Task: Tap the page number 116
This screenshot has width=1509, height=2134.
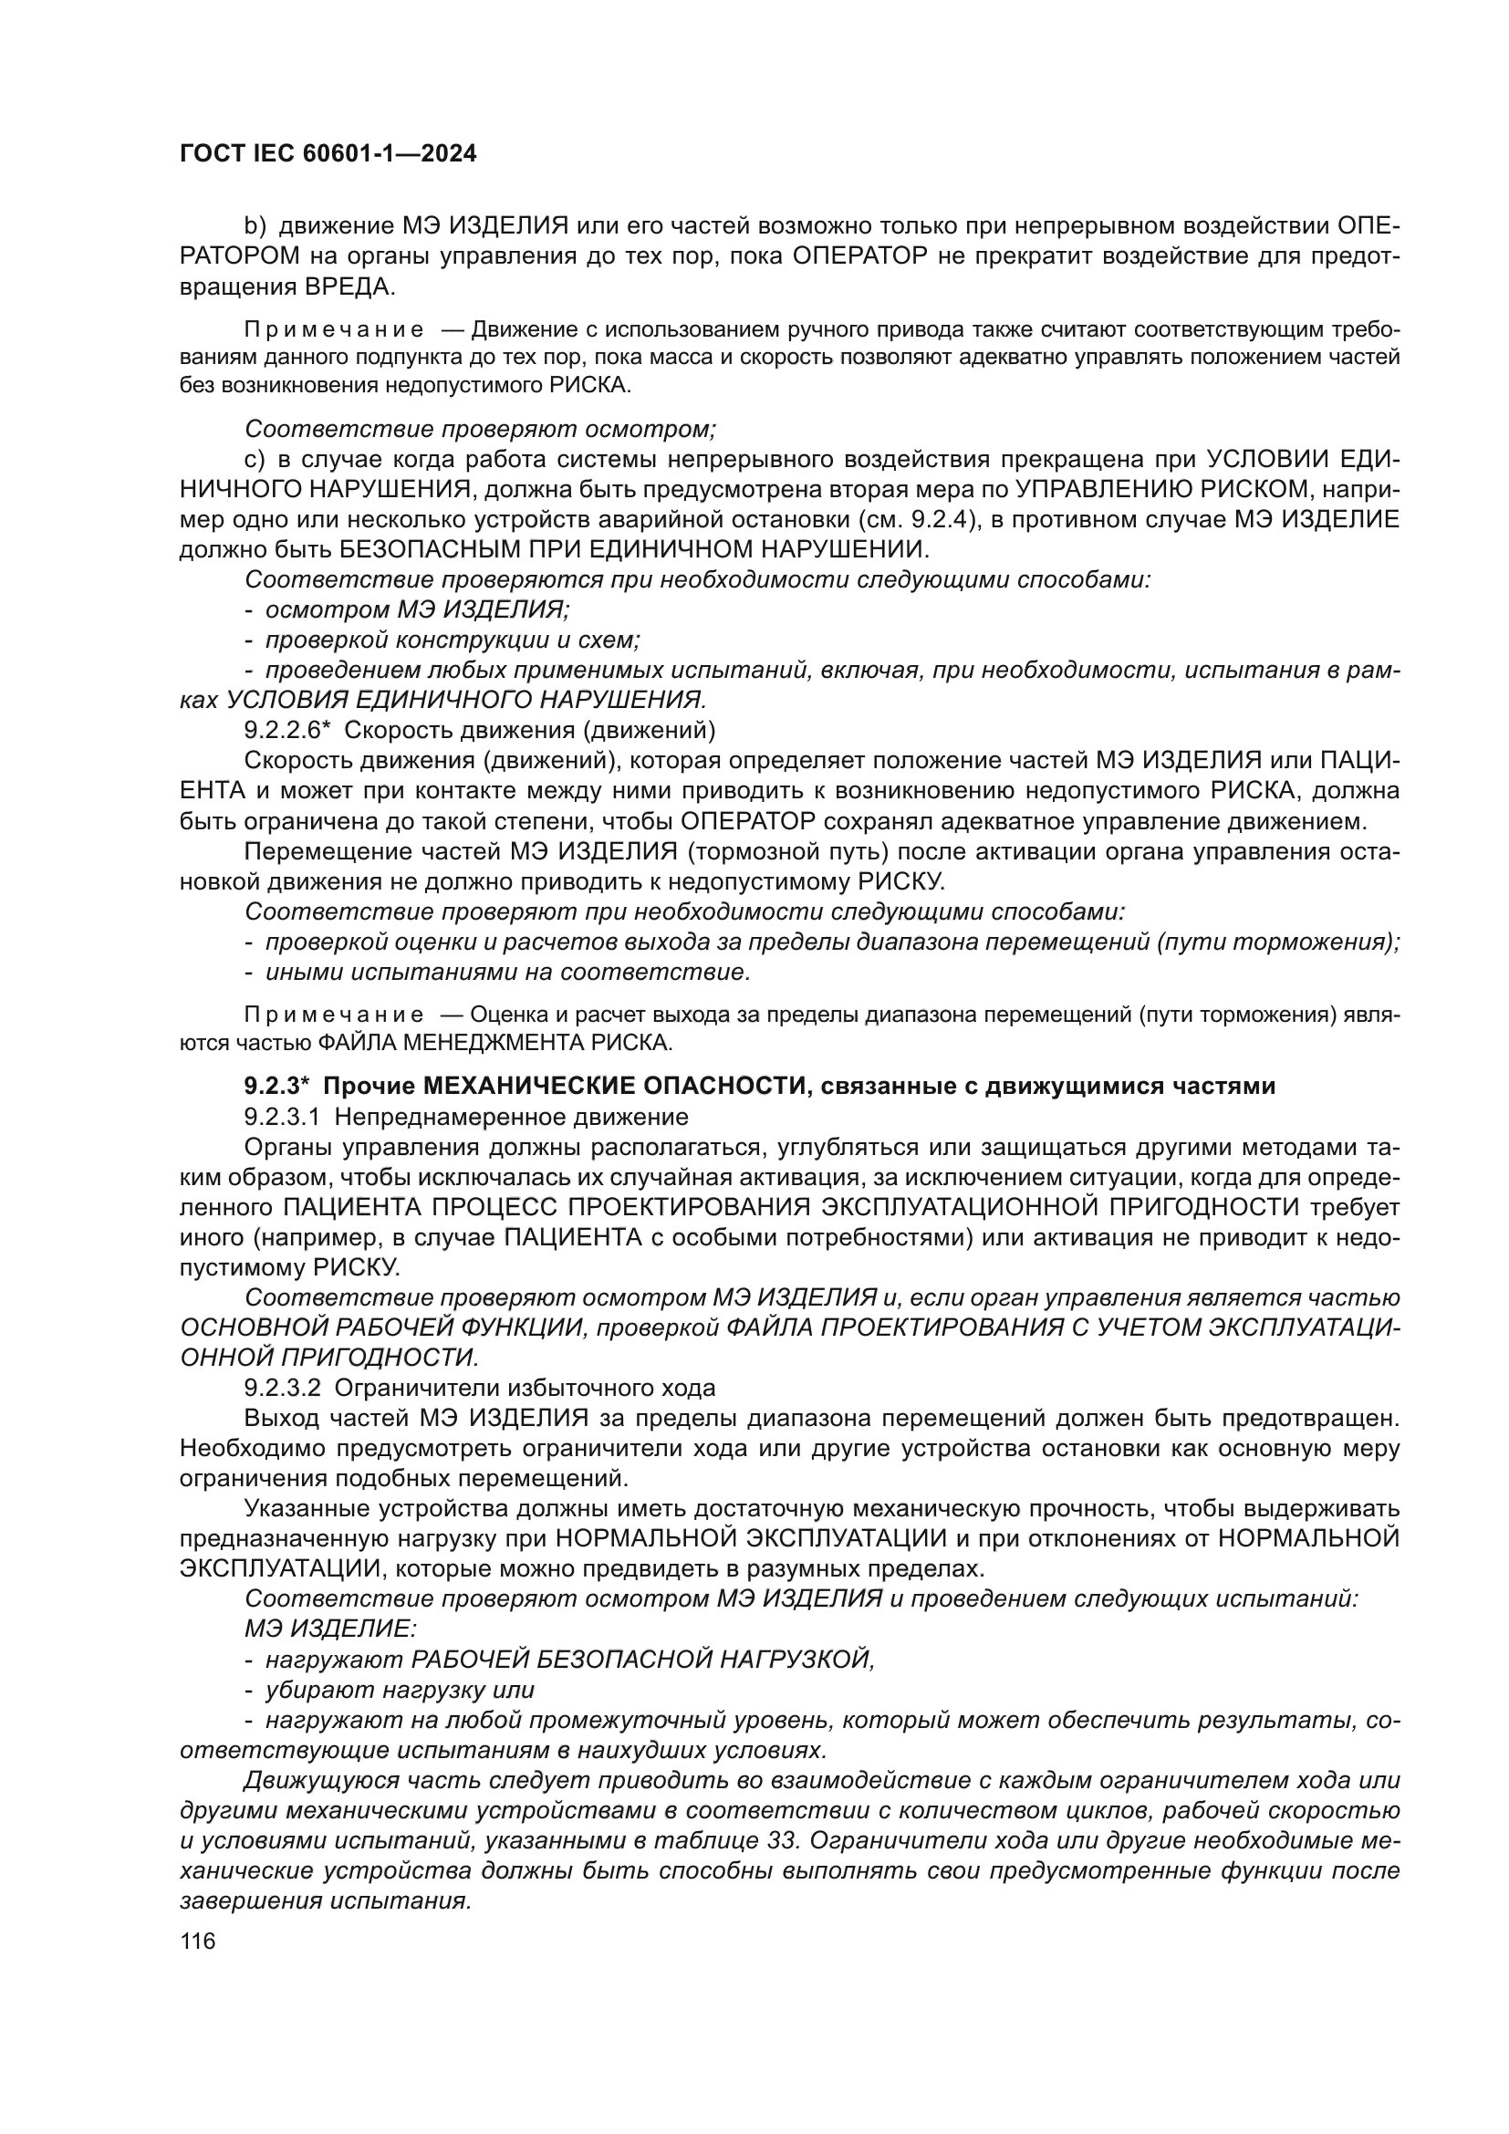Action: point(197,1941)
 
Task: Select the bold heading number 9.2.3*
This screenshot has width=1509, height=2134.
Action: point(276,1086)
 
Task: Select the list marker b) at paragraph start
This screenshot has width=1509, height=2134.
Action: point(255,226)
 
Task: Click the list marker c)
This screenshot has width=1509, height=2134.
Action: point(255,459)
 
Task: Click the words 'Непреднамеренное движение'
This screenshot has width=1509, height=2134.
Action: point(511,1116)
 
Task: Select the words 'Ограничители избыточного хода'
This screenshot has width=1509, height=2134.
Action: point(524,1389)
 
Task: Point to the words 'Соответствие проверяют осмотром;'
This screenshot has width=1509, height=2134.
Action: point(481,429)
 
